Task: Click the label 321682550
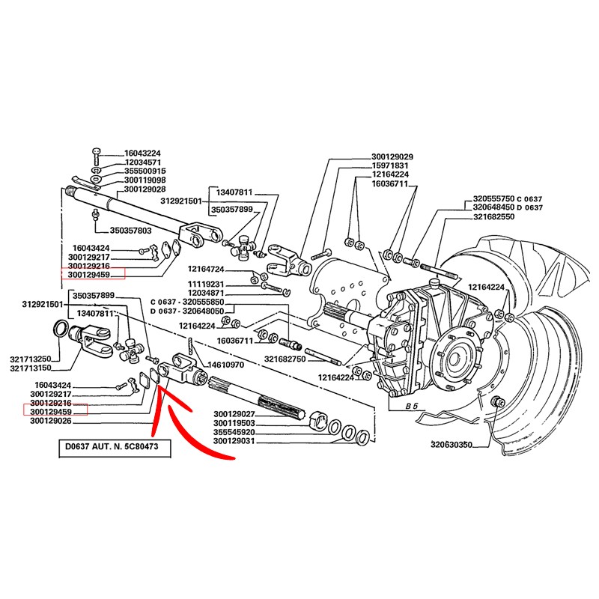494,216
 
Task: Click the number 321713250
31,359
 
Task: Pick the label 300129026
51,421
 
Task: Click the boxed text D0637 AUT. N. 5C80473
114,449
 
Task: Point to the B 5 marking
410,405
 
